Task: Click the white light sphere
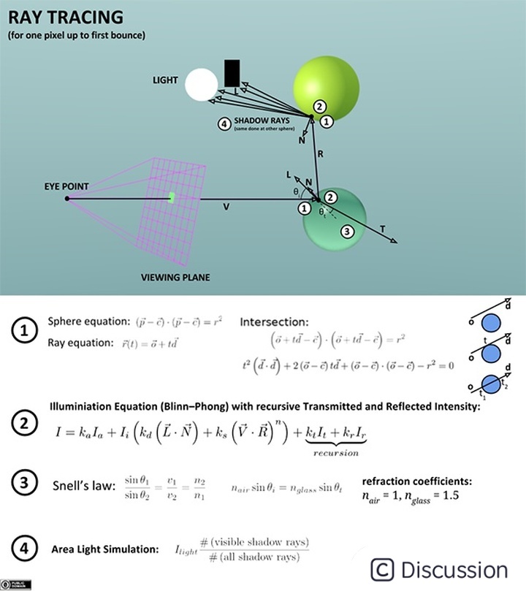(x=202, y=85)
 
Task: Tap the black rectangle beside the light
(x=232, y=74)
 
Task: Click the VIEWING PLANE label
(x=175, y=278)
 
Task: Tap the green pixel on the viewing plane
(x=172, y=197)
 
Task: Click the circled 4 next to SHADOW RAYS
(x=226, y=123)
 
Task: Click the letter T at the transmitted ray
(x=383, y=229)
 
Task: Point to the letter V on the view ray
(x=226, y=207)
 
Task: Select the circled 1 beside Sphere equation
(x=25, y=330)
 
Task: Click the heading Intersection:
(x=274, y=321)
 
